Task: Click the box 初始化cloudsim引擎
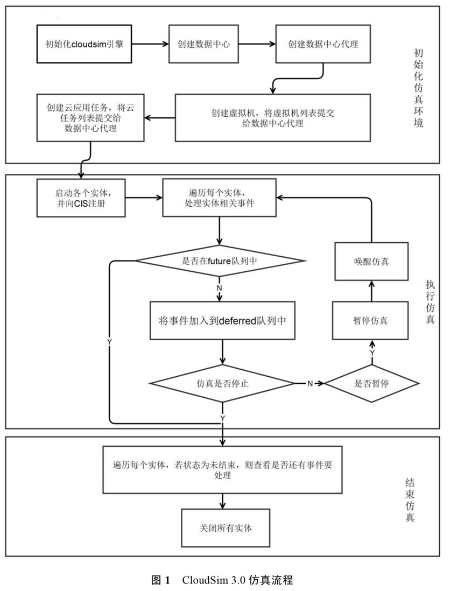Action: click(84, 44)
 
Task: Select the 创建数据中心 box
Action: click(203, 44)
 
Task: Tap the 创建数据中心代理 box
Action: click(323, 44)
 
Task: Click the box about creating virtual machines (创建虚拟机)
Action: click(273, 117)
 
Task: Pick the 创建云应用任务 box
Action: click(90, 117)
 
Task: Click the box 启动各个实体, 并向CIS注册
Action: click(81, 198)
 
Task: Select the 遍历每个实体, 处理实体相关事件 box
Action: click(219, 198)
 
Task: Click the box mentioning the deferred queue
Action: click(222, 320)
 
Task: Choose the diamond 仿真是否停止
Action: click(222, 383)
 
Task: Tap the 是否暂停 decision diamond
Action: click(371, 383)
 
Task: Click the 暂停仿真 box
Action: click(370, 320)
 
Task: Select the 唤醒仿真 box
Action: click(371, 261)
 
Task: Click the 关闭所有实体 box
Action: click(226, 527)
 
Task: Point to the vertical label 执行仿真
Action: click(430, 301)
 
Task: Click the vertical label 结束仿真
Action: click(410, 500)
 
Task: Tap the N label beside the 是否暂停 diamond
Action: click(310, 383)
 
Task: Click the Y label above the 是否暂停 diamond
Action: click(372, 353)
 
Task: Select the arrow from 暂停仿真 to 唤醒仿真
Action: click(371, 291)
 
